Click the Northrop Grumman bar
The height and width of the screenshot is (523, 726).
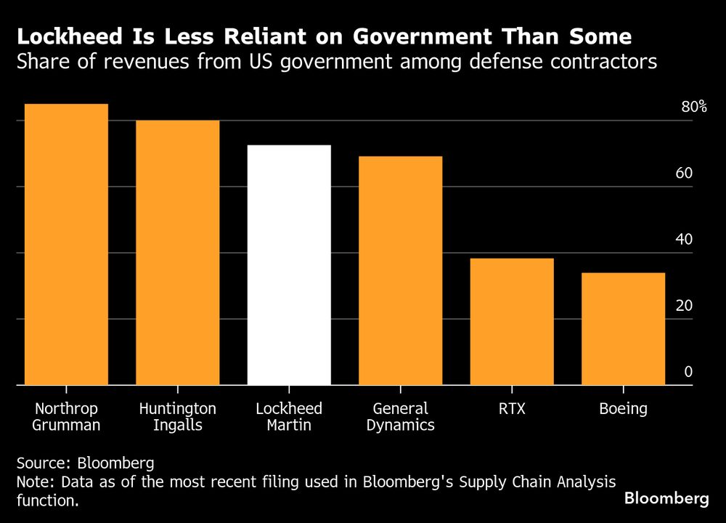pos(66,244)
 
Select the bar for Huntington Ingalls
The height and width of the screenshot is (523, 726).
pos(178,252)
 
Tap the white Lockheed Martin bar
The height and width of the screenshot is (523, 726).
pos(289,265)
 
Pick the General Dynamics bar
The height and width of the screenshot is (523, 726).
pos(400,270)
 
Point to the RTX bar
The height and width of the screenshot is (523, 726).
pos(512,321)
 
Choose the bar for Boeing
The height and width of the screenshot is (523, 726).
pos(623,328)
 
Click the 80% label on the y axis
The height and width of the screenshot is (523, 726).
pos(693,107)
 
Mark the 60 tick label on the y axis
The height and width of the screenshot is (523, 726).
pos(685,174)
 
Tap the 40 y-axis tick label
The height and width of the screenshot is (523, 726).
pos(685,240)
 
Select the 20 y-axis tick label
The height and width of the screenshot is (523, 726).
pos(685,306)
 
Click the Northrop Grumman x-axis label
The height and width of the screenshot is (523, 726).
pos(66,416)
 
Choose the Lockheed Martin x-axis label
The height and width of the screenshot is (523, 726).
pos(289,416)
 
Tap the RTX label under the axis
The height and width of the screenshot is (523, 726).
pos(512,408)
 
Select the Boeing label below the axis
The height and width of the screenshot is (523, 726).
pos(623,408)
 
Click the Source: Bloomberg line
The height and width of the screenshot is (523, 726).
pos(86,463)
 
